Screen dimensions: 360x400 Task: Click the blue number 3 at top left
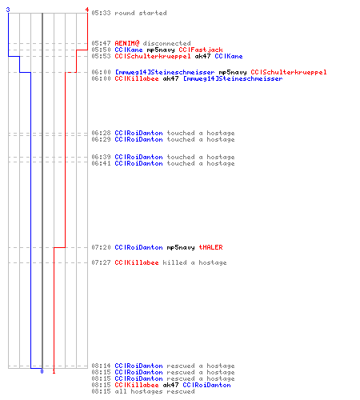[8, 10]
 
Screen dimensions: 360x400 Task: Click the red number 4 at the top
[86, 10]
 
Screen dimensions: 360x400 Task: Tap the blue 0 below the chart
[42, 371]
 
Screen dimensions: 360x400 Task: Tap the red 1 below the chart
[54, 371]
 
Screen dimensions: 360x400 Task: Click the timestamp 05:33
[101, 13]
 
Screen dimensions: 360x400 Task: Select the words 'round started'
[141, 13]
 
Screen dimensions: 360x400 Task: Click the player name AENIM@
[127, 43]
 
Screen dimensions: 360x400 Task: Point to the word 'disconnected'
[166, 43]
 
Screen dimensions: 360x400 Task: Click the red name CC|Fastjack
[201, 50]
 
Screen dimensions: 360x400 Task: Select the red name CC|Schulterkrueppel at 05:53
[153, 56]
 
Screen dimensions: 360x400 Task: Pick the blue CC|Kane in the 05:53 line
[229, 56]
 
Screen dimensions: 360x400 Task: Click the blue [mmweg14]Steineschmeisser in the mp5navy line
[165, 72]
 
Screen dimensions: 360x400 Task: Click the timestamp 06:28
[101, 133]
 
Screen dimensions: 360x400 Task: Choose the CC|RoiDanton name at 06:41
[138, 163]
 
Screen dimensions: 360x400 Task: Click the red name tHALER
[210, 247]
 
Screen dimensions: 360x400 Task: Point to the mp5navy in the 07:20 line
[181, 248]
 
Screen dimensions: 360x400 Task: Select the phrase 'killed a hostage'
[194, 262]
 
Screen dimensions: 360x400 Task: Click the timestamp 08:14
[101, 366]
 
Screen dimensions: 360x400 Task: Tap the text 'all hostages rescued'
[154, 391]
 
